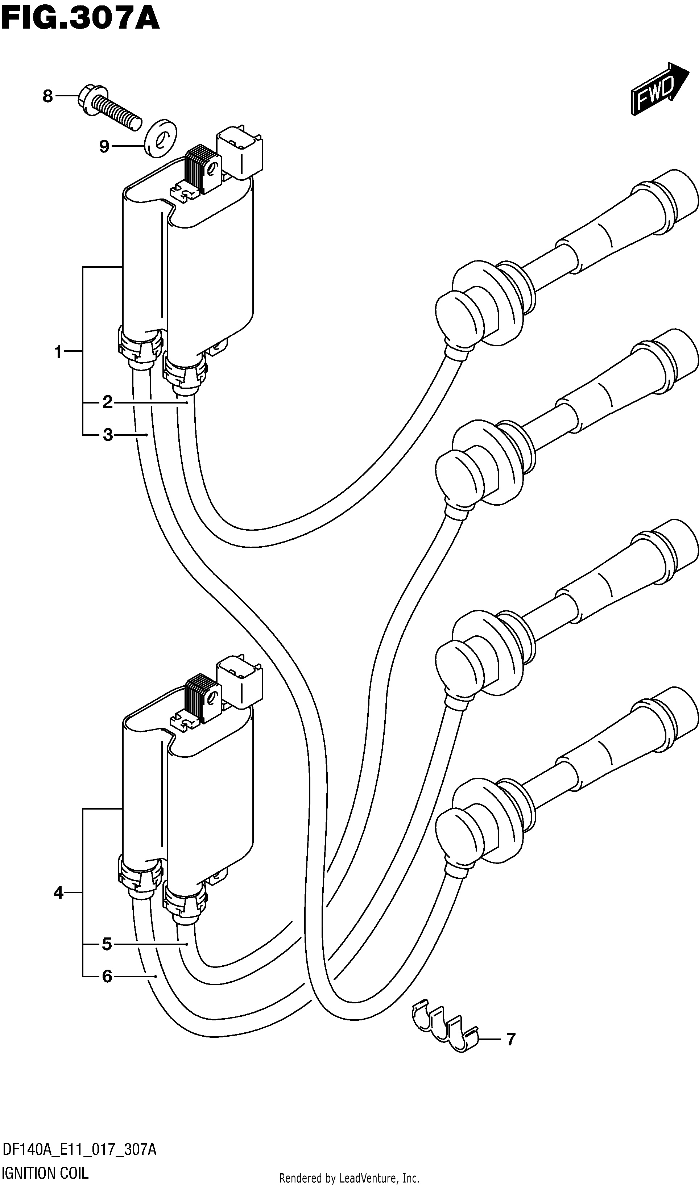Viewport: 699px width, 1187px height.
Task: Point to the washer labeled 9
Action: pyautogui.click(x=160, y=137)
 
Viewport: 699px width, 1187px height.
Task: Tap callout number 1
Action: pyautogui.click(x=58, y=351)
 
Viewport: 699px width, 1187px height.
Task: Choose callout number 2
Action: pyautogui.click(x=107, y=402)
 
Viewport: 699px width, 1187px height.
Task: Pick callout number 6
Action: pyautogui.click(x=107, y=977)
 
